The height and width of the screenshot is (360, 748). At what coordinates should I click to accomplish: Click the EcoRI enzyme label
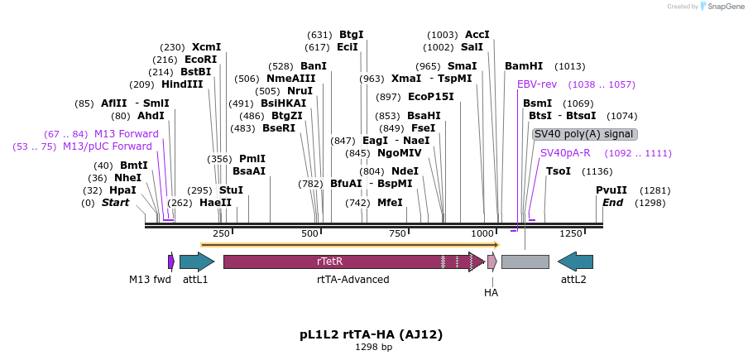201,60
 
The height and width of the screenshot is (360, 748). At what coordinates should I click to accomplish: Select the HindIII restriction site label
182,84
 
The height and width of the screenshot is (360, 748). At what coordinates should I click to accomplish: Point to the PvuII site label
611,190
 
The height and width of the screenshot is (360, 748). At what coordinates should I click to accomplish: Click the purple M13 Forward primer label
127,133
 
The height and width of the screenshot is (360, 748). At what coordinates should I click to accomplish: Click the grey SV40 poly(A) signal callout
585,134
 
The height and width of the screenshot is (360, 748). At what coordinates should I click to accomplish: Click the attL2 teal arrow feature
575,262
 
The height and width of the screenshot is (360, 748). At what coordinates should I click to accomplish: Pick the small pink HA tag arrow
492,262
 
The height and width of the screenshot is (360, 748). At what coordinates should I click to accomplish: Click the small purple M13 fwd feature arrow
170,262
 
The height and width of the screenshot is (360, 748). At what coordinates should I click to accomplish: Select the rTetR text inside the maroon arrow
330,262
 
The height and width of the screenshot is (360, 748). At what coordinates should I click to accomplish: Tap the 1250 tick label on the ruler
571,233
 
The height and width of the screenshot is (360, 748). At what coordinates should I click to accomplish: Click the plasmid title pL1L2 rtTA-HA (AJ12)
372,334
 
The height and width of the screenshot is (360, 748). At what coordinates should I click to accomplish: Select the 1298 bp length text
374,347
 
